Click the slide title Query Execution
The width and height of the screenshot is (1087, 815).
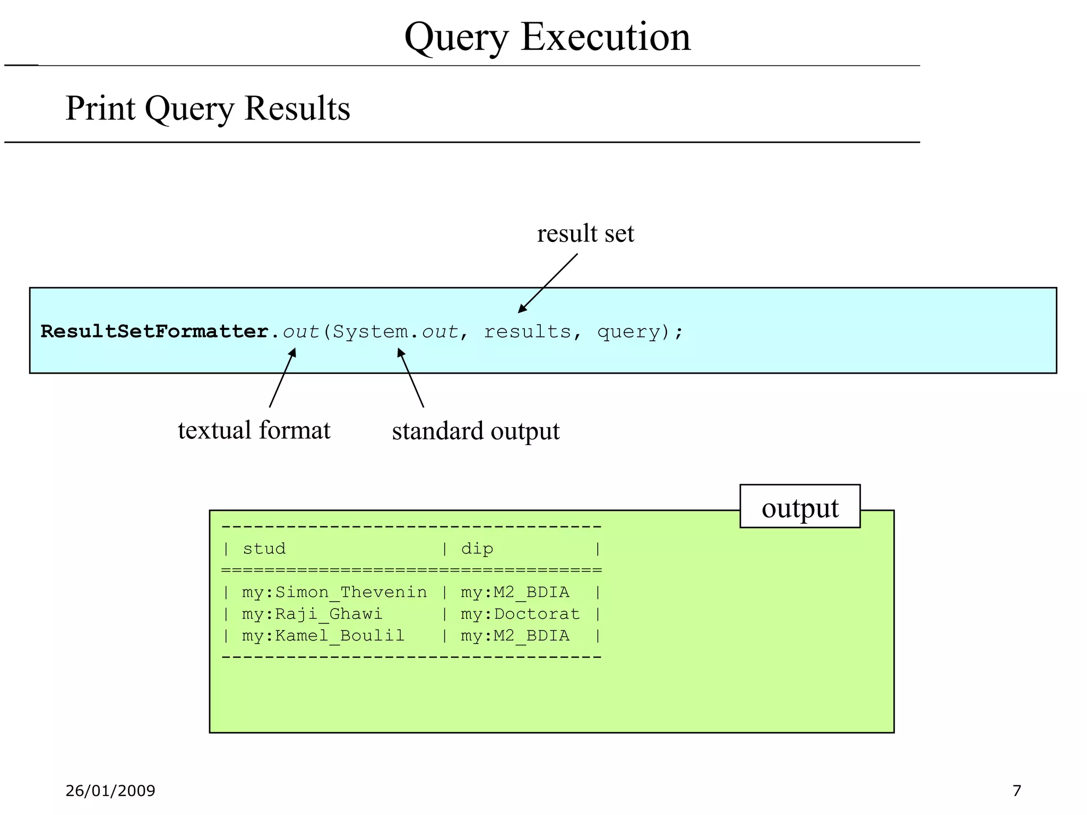(547, 37)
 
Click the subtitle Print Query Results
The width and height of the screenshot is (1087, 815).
(208, 108)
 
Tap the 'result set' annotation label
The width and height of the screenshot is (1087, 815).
(585, 233)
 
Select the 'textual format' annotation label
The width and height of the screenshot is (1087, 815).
(254, 430)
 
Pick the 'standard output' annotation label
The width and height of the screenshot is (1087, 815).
(476, 431)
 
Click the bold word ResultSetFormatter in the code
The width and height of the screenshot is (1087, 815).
(154, 332)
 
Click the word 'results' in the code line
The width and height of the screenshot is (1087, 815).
(527, 332)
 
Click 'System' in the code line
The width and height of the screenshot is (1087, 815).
(370, 332)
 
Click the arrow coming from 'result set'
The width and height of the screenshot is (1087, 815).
(548, 283)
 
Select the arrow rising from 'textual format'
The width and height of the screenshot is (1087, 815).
(282, 378)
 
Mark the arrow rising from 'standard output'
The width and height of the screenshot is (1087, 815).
(410, 378)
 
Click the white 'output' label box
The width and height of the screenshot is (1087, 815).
(800, 507)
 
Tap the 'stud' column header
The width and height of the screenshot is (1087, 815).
(264, 548)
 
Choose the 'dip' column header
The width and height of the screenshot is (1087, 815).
(477, 548)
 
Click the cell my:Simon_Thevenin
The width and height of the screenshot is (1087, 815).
(334, 592)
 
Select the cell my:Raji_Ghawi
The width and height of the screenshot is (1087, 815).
(312, 613)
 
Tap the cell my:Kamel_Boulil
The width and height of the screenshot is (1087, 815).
(323, 635)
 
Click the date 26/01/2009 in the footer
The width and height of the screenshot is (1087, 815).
(110, 791)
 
